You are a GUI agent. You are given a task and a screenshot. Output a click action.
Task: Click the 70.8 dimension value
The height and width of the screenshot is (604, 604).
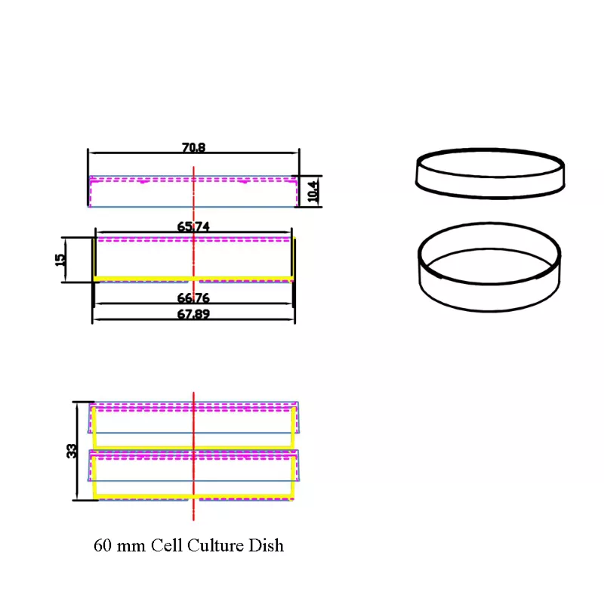[x=193, y=147]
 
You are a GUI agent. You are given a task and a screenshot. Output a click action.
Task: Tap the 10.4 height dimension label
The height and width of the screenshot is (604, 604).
[x=313, y=192]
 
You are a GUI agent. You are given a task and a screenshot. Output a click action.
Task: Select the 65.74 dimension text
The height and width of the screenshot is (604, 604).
[x=193, y=226]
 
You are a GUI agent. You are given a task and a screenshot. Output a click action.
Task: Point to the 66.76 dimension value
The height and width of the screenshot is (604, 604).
[x=193, y=297]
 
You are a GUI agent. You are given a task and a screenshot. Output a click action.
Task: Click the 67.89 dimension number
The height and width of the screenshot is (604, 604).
[x=193, y=314]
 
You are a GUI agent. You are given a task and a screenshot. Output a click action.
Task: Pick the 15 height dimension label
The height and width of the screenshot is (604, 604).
[x=60, y=260]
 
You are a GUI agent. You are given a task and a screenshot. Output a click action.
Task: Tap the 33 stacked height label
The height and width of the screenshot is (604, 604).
[x=72, y=451]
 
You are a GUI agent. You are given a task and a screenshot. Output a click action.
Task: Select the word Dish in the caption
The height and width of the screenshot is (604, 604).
[x=267, y=545]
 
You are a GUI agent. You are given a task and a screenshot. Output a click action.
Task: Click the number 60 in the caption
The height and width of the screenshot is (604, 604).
[x=102, y=546]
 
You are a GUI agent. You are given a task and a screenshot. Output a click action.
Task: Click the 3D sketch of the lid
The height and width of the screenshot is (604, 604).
[x=490, y=174]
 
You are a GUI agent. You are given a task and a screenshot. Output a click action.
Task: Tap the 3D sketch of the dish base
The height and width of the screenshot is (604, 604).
[x=489, y=267]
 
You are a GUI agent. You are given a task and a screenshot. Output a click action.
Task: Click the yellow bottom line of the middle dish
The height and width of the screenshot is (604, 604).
[x=193, y=279]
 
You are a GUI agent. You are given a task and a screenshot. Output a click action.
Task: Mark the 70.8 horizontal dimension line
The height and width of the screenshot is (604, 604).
[x=193, y=153]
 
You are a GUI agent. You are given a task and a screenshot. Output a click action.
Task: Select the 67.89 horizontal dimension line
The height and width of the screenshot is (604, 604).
[x=193, y=319]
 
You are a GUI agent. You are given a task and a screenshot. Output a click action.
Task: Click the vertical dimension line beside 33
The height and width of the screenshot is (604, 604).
[x=78, y=451]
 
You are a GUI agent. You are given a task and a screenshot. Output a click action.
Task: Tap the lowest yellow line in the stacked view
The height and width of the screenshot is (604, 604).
[x=193, y=496]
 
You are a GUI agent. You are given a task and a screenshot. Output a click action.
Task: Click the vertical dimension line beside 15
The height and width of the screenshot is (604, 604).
[x=66, y=260]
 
